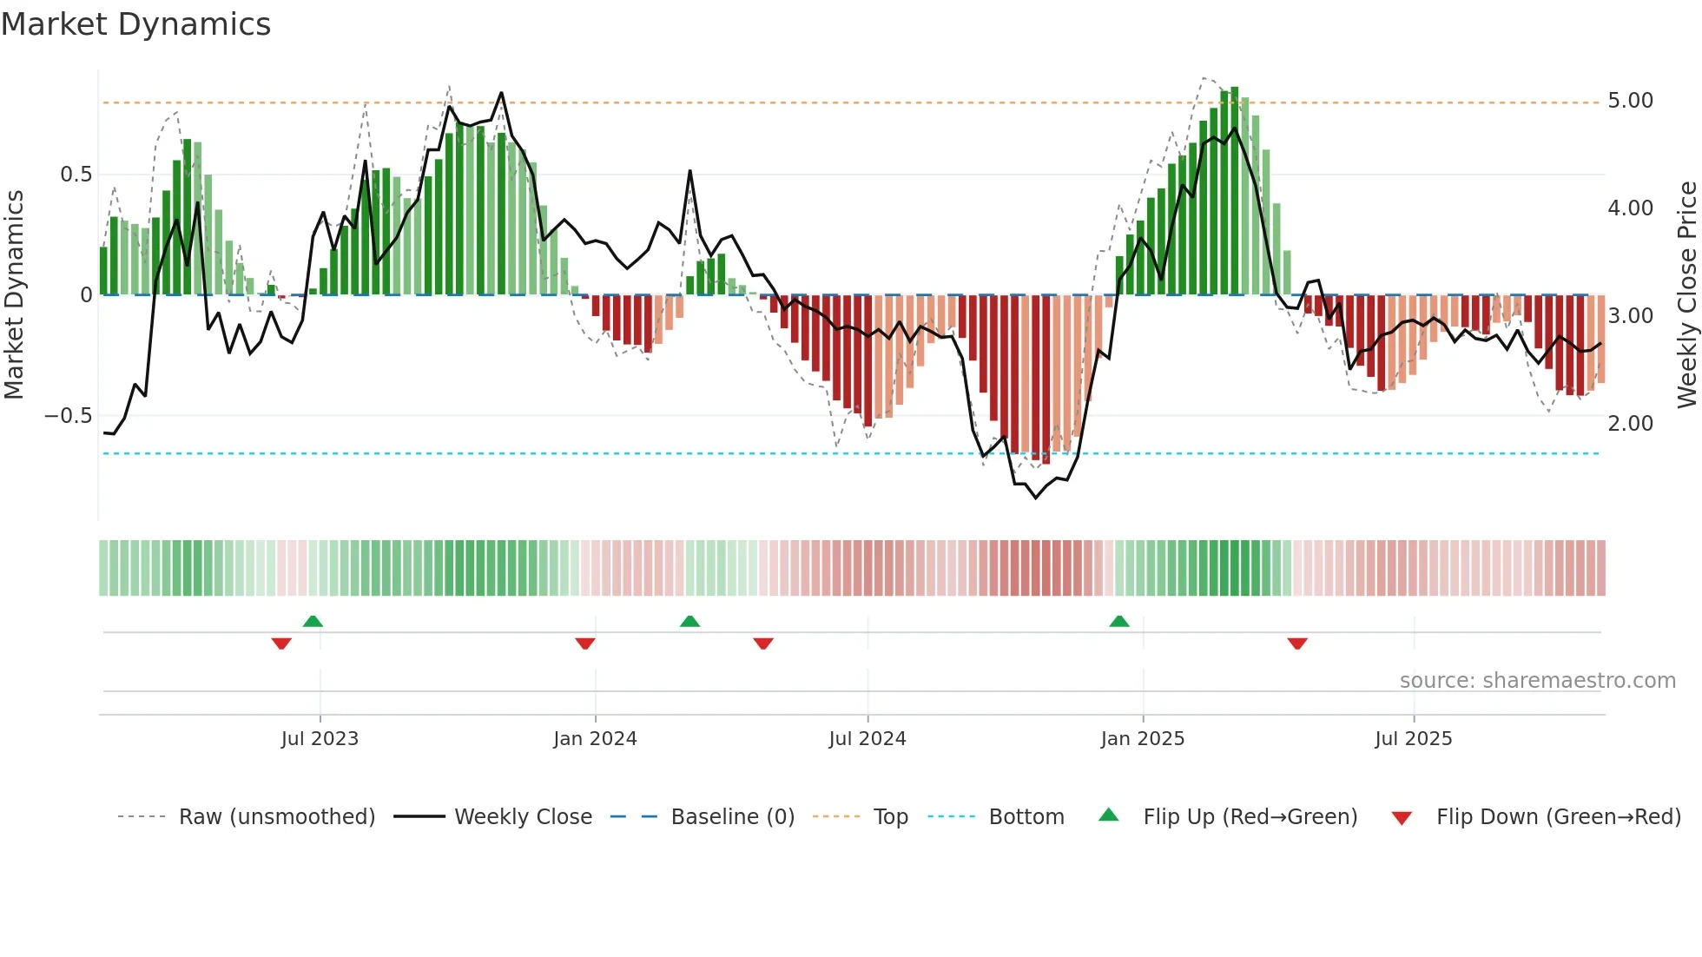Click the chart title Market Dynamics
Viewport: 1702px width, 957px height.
[135, 24]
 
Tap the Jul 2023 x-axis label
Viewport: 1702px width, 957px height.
[320, 739]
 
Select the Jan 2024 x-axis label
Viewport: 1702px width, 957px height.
[595, 739]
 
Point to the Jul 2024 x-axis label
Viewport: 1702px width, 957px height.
[867, 739]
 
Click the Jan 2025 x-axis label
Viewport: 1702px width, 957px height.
[1142, 739]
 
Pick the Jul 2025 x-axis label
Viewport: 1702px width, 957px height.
[1413, 739]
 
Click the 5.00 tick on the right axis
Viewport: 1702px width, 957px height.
[1630, 101]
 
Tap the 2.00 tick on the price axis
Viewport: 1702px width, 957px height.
[1630, 424]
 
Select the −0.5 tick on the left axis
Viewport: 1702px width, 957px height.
[68, 416]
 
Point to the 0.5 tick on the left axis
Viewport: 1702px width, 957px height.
[76, 175]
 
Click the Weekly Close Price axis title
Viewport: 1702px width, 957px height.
[1686, 295]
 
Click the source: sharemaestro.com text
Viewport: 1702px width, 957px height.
[1537, 681]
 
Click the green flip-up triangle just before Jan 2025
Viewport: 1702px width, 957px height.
[1119, 621]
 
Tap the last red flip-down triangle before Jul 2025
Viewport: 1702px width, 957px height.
[1297, 643]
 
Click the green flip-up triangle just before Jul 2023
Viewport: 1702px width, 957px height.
[313, 621]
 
